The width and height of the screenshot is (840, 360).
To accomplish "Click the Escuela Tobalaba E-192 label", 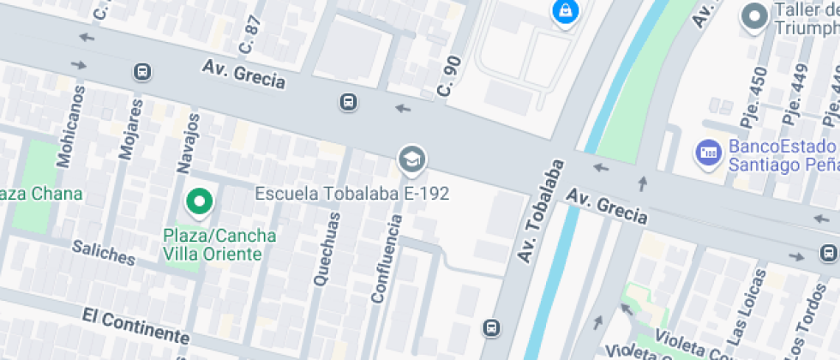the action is [352, 194].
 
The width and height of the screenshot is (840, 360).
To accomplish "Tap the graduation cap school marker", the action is [412, 159].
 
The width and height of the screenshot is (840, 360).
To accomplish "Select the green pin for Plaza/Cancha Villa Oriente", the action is [200, 203].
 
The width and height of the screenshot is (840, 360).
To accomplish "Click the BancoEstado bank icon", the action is [707, 154].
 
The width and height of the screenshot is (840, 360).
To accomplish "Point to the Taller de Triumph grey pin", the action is [755, 16].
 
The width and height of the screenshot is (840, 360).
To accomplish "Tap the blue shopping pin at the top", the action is [565, 11].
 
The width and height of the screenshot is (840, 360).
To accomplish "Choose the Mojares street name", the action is [131, 129].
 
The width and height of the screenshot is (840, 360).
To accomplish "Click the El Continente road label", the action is [135, 326].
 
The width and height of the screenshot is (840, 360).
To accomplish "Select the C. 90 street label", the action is [448, 76].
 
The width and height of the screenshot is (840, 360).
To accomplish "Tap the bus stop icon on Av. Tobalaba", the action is [491, 327].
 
